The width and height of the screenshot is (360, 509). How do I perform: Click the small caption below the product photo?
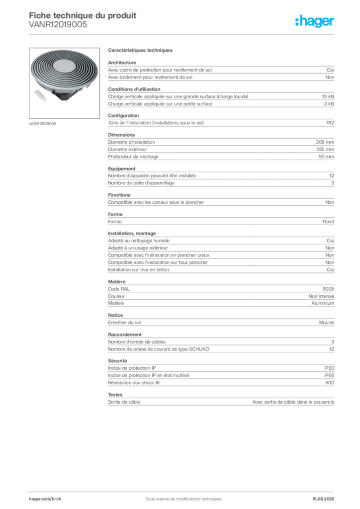click(x=44, y=124)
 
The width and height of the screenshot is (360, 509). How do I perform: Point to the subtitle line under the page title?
click(x=57, y=27)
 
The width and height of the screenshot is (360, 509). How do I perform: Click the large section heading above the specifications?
click(x=141, y=51)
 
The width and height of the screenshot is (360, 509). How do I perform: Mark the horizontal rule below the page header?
click(x=182, y=34)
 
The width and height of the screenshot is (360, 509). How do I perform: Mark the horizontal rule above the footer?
click(x=182, y=490)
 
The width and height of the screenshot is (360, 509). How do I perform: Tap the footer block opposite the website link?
click(x=326, y=496)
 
